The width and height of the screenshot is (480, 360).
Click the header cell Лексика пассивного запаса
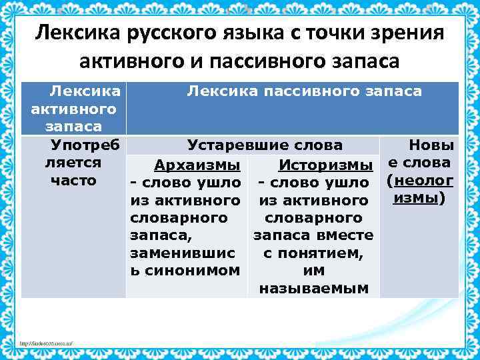click(304, 91)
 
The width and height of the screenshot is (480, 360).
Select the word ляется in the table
click(73, 163)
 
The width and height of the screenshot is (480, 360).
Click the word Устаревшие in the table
click(229, 145)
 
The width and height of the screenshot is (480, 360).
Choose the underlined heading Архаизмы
click(197, 165)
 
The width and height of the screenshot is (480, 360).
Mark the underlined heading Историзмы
click(326, 165)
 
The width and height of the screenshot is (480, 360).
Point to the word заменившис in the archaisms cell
click(183, 253)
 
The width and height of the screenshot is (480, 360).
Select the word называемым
click(313, 289)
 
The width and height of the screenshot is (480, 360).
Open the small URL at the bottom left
click(46, 344)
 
